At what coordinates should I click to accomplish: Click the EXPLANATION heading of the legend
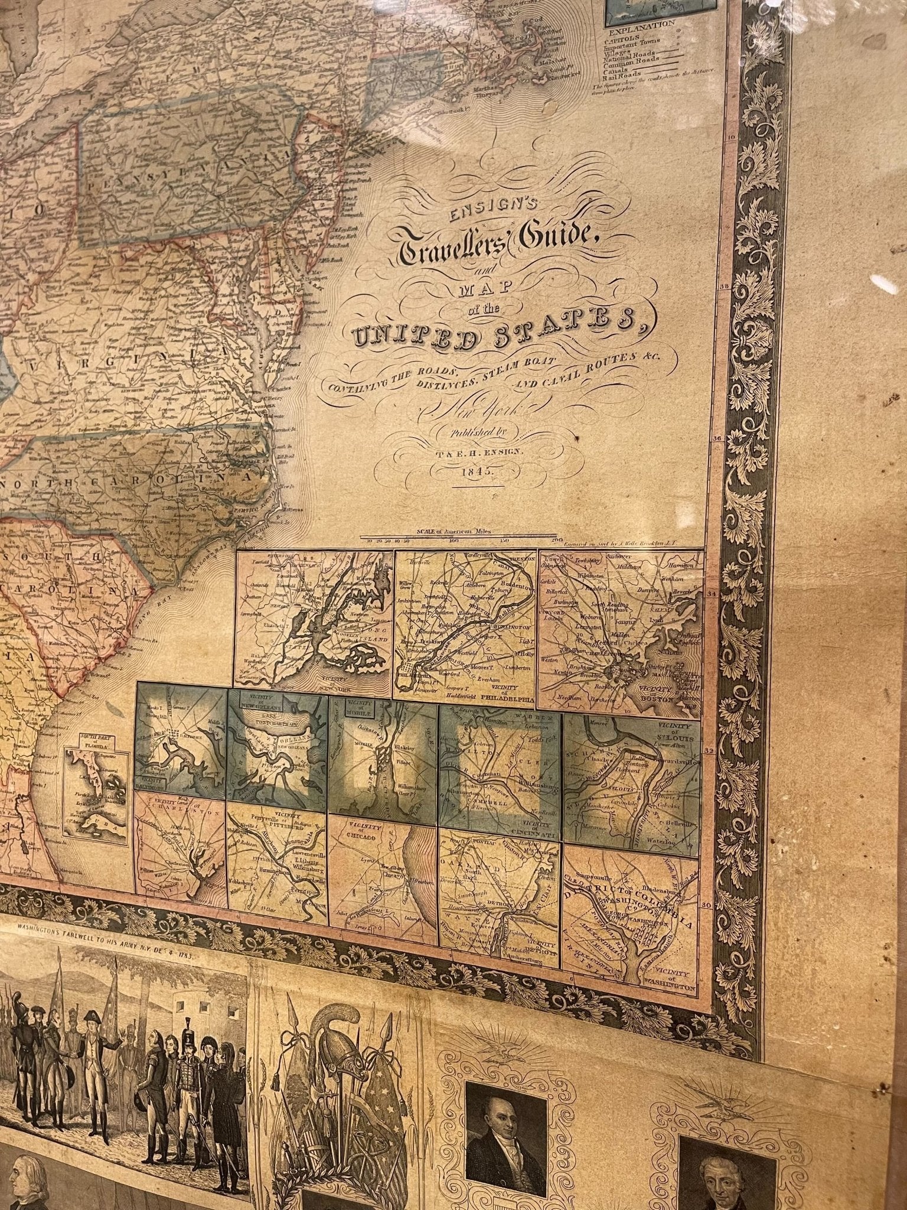(x=640, y=25)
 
